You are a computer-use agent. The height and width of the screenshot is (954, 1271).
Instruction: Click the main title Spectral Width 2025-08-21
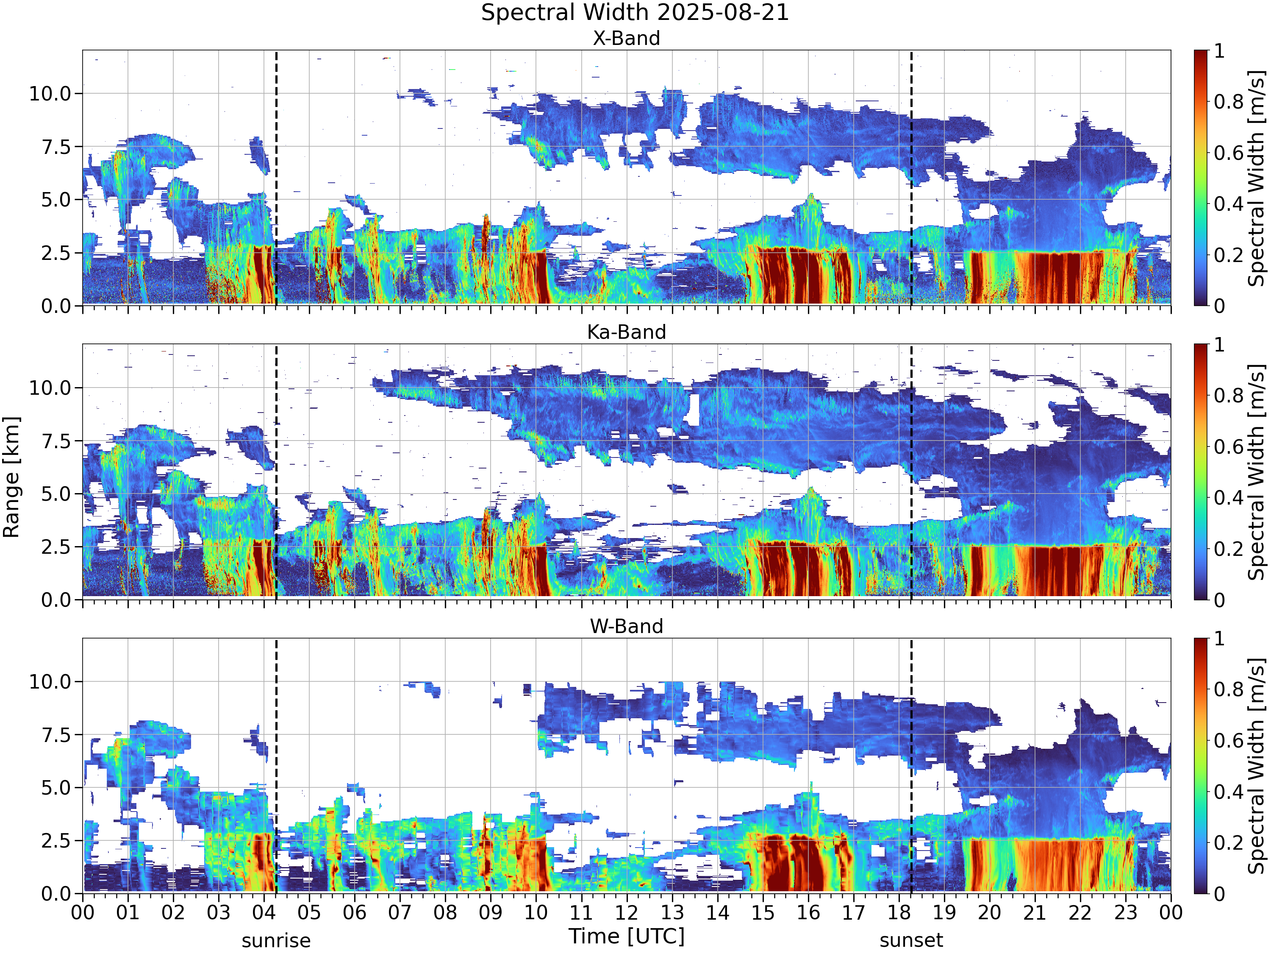pos(635,13)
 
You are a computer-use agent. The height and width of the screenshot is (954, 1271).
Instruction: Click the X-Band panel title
pos(626,39)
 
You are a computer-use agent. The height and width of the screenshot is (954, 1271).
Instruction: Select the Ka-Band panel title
pos(626,332)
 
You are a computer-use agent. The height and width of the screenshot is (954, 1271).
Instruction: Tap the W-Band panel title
pos(626,626)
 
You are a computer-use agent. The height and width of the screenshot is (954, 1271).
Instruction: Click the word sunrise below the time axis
pos(276,941)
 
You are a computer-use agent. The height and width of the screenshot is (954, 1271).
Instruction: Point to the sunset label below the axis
pos(911,941)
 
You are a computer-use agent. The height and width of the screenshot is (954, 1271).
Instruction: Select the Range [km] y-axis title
pos(11,477)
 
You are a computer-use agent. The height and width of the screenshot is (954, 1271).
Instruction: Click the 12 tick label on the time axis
pos(626,912)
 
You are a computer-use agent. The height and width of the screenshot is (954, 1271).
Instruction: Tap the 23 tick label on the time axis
pos(1125,912)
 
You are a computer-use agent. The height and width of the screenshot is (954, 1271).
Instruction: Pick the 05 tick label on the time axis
pos(309,912)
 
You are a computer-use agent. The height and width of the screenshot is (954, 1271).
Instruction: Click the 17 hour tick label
pos(853,912)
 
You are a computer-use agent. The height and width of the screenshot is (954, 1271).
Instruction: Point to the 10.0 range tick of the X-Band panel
pos(50,93)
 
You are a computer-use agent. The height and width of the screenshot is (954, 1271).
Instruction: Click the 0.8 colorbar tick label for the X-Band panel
pos(1229,102)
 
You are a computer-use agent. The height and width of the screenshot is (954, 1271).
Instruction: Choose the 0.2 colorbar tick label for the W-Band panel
pos(1229,843)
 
